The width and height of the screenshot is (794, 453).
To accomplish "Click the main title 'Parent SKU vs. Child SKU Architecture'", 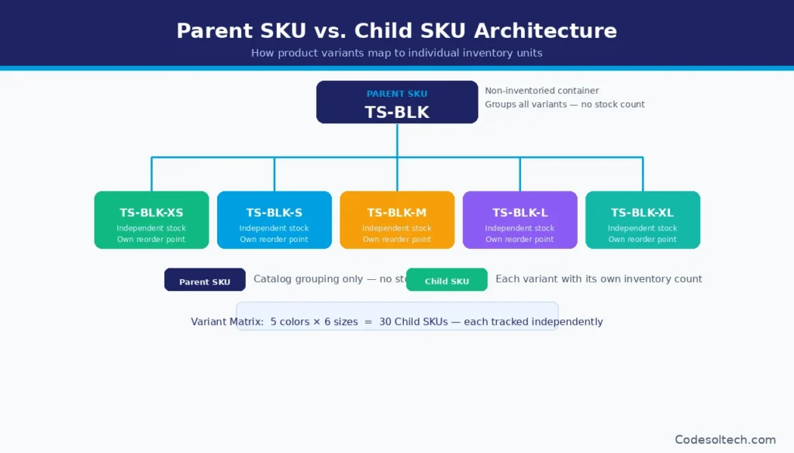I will click(396, 30).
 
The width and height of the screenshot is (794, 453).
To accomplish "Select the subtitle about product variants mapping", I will click(396, 54).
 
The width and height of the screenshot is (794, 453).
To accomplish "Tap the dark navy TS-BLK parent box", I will click(396, 102).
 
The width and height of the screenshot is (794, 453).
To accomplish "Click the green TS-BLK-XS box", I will click(151, 220).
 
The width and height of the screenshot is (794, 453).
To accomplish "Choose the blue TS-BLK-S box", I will click(274, 220).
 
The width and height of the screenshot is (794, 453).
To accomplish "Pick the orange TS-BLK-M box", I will click(396, 220).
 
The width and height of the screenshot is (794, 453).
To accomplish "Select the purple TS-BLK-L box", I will click(520, 220).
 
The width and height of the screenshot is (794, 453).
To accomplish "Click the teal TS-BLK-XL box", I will click(642, 220).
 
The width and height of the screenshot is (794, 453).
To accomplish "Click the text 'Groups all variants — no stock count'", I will click(564, 105).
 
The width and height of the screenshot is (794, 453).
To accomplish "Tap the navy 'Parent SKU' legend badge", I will click(205, 280).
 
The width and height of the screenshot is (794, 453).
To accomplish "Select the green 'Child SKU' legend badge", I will click(447, 280).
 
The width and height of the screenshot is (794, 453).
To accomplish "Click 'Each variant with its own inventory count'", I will click(599, 279).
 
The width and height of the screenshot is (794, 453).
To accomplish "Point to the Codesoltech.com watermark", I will click(725, 439).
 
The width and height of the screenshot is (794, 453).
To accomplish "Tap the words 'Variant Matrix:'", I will click(226, 322).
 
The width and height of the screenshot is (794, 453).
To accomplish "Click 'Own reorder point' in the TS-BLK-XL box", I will click(642, 240).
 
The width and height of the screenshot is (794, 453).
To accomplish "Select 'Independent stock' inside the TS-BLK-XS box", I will click(151, 229).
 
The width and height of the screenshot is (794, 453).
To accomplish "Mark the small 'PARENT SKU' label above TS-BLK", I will click(396, 94).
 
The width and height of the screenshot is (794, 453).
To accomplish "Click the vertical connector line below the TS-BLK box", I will click(397, 140).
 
